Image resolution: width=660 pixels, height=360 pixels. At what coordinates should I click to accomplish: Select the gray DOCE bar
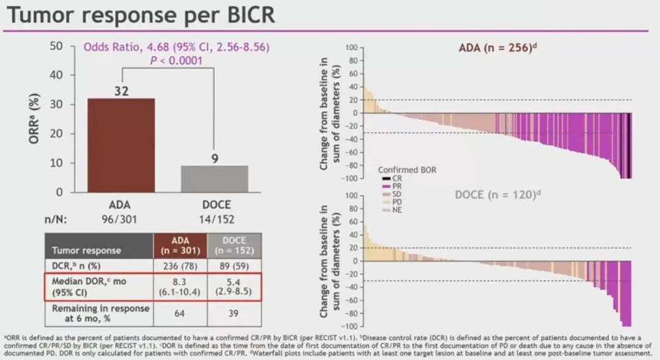214,178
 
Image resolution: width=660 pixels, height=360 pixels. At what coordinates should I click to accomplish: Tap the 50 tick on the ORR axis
56,46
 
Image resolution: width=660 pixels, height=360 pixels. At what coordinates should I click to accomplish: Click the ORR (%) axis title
36,119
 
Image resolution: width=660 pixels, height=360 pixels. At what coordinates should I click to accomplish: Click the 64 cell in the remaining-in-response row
180,314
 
